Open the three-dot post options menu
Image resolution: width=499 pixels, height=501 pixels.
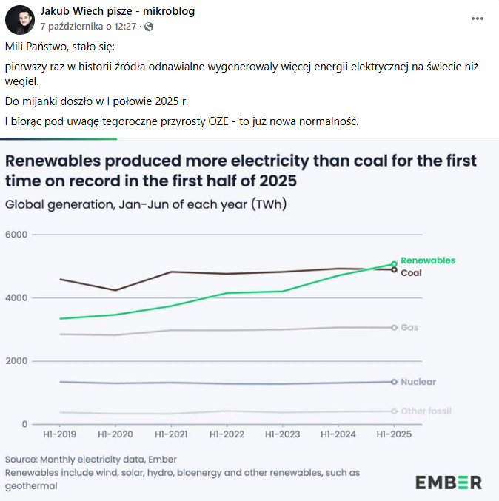tap(478, 19)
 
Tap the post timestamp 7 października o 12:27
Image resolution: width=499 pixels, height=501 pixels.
tap(88, 26)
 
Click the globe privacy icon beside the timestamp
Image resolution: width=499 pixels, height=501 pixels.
tap(149, 27)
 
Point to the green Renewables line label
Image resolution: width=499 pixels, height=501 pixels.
tap(428, 260)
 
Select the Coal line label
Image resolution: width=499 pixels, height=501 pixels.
tap(411, 272)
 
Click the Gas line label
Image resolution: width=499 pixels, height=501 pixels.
tap(409, 327)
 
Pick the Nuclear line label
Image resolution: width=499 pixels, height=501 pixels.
tap(418, 382)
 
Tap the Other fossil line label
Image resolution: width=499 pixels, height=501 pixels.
tap(426, 411)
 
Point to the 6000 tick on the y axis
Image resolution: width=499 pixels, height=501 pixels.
tap(16, 235)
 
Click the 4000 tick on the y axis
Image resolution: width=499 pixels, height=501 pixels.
tap(16, 297)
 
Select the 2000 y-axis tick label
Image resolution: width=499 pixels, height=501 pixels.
tap(16, 361)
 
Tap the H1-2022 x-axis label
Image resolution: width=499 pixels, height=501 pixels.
tap(227, 434)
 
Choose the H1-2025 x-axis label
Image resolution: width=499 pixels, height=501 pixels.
tap(394, 434)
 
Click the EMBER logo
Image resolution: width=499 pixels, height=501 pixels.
tap(449, 482)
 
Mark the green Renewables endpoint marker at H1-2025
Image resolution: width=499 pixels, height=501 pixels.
tap(394, 263)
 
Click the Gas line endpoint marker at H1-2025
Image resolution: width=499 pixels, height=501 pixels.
tap(394, 327)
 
